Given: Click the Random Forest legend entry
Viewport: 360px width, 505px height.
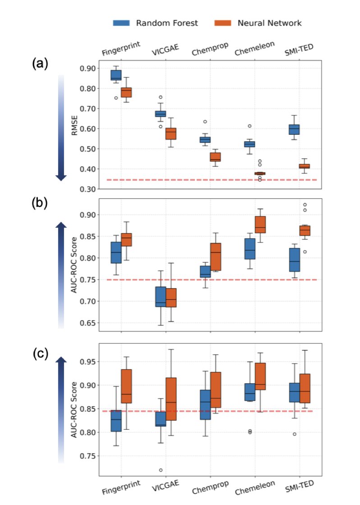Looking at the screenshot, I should [155, 23].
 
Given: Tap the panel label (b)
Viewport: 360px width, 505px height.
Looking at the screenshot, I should [40, 203].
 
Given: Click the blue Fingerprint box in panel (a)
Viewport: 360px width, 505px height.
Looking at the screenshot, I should [115, 75].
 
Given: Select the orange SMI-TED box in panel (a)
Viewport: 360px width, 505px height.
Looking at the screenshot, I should [304, 166].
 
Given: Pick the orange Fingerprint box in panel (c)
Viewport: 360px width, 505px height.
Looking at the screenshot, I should [126, 386].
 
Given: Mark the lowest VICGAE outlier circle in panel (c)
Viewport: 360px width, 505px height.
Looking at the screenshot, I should [161, 470].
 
